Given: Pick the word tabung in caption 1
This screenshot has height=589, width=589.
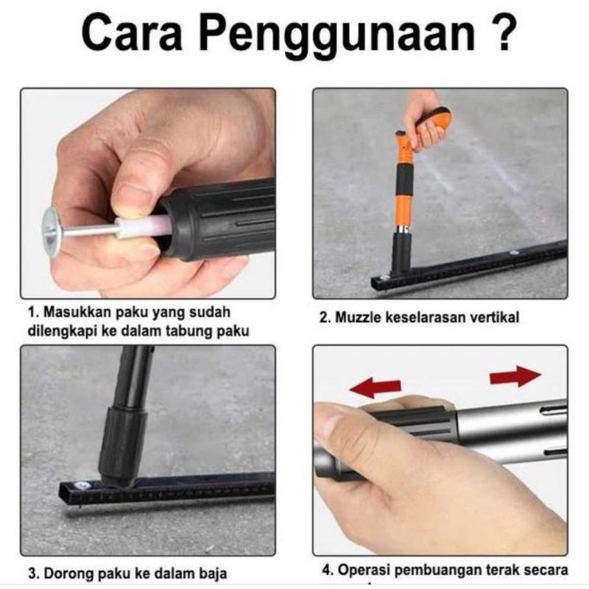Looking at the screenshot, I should (x=194, y=331).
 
